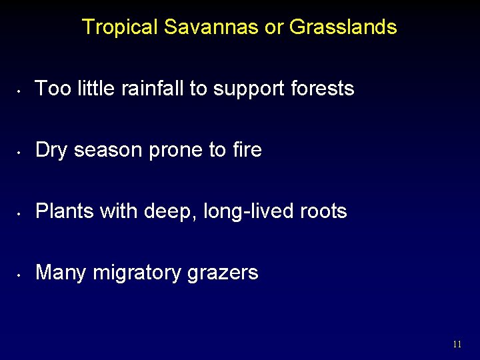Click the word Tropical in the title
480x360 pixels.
(120, 27)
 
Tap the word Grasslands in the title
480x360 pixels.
(343, 27)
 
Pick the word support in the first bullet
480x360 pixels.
(250, 89)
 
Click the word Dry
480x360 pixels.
(52, 150)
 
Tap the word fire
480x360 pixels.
(247, 149)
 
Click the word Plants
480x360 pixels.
(65, 211)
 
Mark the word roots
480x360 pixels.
(322, 212)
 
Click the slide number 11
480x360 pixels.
(457, 345)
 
